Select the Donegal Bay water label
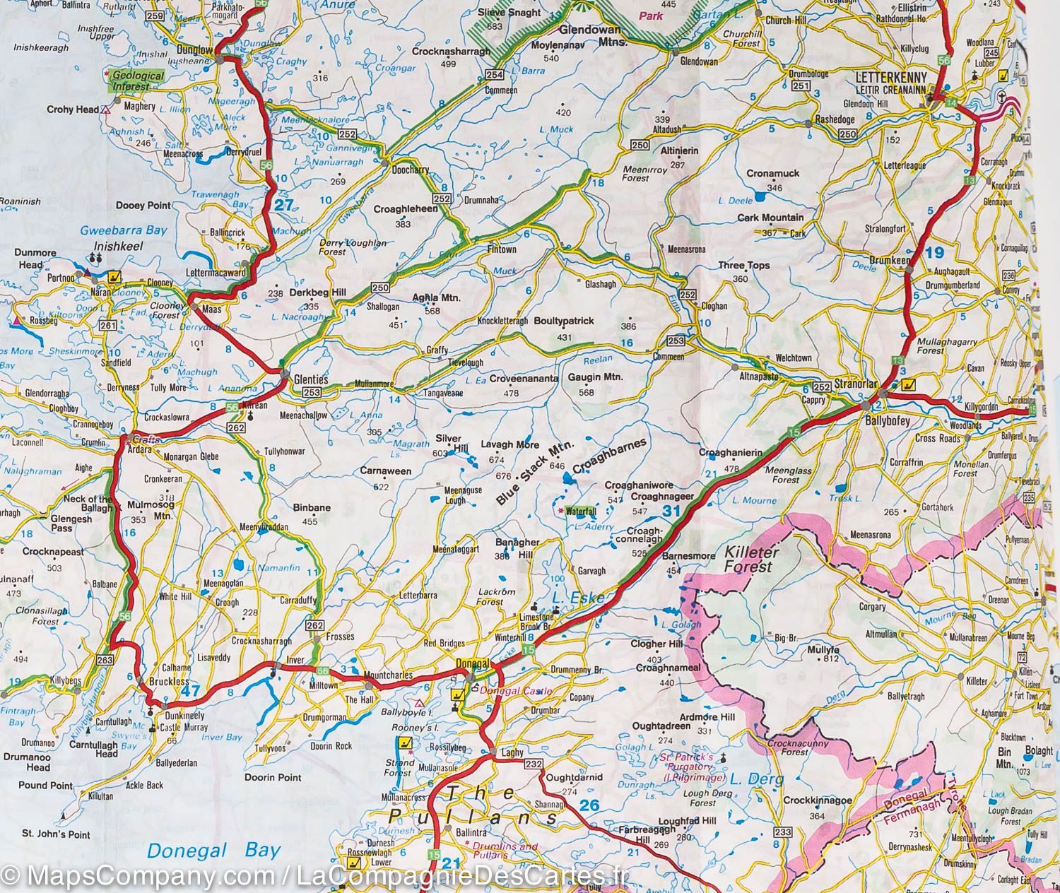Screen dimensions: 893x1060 pyautogui.click(x=211, y=851)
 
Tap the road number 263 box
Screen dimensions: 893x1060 pyautogui.click(x=105, y=660)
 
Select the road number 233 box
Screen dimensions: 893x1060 pyautogui.click(x=782, y=832)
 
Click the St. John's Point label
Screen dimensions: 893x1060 pyautogui.click(x=55, y=834)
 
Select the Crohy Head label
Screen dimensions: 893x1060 pyautogui.click(x=72, y=110)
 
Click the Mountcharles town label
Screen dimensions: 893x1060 pyautogui.click(x=387, y=676)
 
